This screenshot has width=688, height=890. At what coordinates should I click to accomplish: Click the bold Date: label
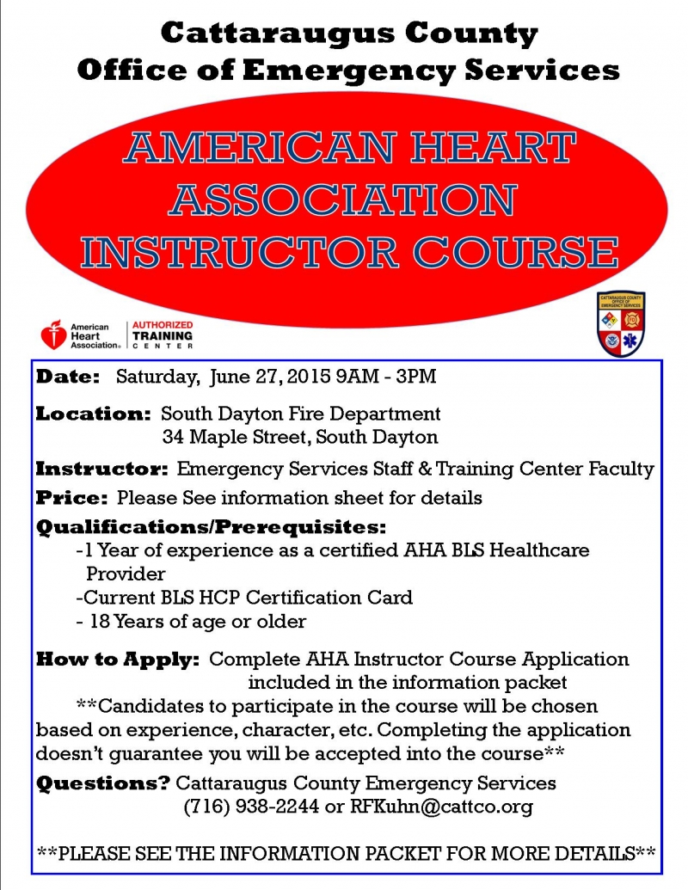click(68, 377)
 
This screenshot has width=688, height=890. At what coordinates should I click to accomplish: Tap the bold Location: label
click(93, 414)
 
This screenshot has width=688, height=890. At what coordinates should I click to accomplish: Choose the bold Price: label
click(72, 498)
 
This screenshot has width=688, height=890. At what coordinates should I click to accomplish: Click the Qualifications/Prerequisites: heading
click(211, 526)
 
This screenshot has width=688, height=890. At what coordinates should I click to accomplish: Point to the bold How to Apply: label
click(118, 660)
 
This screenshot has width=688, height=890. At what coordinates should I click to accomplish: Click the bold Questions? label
click(102, 783)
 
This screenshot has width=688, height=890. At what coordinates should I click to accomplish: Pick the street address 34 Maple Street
click(236, 437)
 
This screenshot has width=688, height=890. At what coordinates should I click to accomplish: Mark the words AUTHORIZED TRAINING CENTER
click(163, 335)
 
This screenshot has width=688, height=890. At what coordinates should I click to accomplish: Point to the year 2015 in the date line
click(310, 377)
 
